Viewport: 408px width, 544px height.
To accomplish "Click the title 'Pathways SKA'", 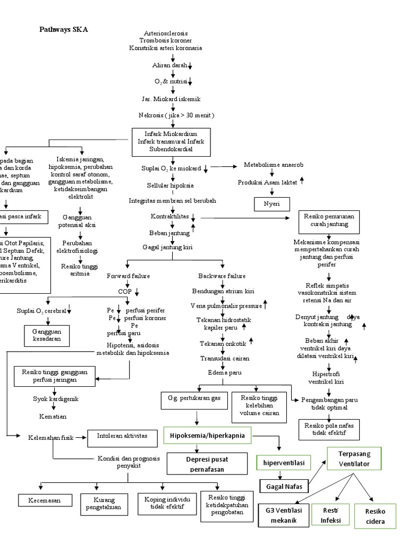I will pos(63,30).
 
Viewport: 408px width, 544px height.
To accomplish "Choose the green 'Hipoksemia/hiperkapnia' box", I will pos(207,436).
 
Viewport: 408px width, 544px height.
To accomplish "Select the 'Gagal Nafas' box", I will pos(284,485).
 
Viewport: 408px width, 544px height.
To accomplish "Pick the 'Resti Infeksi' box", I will pos(331,515).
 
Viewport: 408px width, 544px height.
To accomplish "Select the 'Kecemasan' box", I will pos(44,500).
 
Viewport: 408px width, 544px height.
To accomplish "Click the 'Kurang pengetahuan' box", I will pos(105,504).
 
